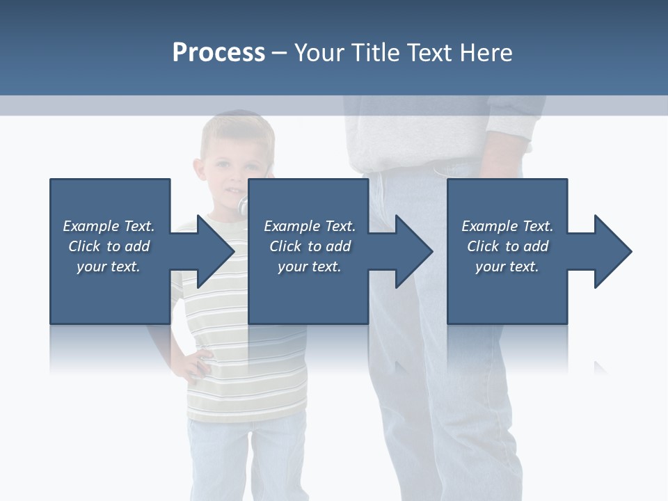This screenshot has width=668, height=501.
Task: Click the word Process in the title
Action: tap(218, 53)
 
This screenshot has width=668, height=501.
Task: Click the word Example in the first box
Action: tap(90, 226)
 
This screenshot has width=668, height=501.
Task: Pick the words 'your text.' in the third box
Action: tap(507, 267)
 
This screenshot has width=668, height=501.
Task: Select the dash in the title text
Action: tap(279, 53)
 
